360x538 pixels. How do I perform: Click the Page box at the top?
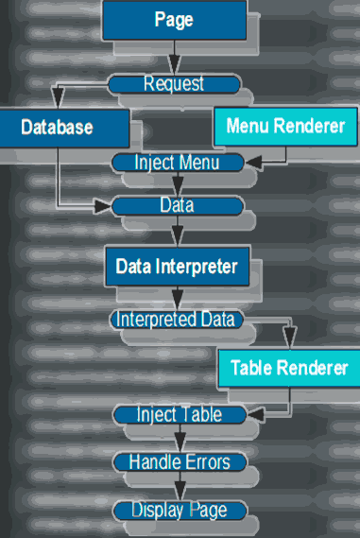click(174, 20)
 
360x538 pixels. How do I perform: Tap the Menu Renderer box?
click(284, 127)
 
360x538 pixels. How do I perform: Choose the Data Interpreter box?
click(177, 267)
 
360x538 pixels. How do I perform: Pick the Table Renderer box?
click(288, 368)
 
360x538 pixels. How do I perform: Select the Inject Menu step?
click(177, 163)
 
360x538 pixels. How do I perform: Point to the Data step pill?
click(177, 205)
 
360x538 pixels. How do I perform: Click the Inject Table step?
click(179, 415)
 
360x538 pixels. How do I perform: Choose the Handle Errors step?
click(179, 462)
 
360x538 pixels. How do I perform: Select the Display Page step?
click(179, 511)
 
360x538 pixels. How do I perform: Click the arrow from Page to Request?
click(174, 61)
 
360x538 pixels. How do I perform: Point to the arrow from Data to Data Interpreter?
click(177, 232)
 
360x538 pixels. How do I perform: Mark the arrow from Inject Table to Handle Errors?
click(179, 439)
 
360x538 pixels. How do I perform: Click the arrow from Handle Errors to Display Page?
click(179, 486)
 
